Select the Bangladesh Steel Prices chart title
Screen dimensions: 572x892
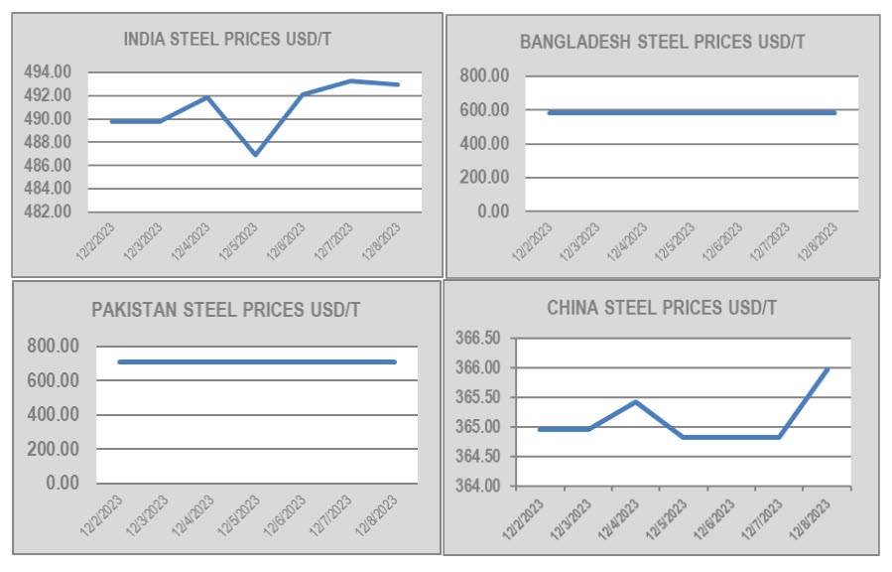662,42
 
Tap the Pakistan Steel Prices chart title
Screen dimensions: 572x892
225,310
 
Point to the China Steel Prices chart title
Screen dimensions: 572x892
662,308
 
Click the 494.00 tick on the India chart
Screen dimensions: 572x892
49,71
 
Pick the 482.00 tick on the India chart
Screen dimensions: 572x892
49,212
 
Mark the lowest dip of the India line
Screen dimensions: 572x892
255,154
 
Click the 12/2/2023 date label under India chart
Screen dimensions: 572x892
97,241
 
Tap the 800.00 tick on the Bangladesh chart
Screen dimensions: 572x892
485,75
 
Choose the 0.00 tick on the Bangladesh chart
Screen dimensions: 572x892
492,212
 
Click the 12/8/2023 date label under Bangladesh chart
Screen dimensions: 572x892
820,241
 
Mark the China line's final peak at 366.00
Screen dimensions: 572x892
828,368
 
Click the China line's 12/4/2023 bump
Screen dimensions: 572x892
635,402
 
